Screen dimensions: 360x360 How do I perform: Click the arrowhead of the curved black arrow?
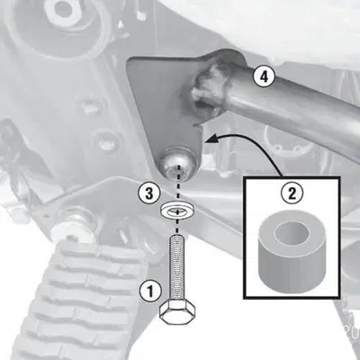[209, 139]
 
